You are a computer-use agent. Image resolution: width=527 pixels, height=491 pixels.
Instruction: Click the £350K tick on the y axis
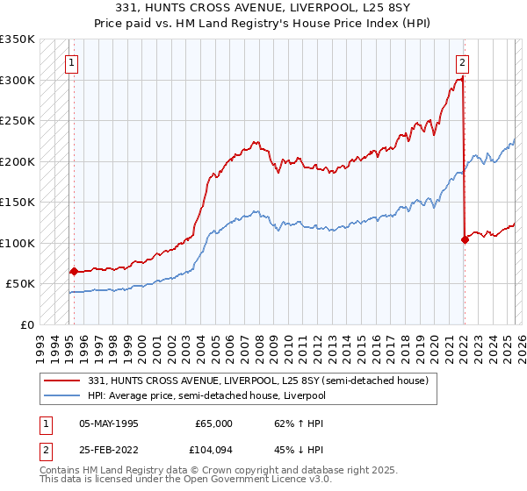point(18,39)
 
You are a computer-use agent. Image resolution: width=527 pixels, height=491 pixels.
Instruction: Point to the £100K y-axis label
point(18,243)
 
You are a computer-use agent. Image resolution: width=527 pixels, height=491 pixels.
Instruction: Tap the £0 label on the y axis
point(26,324)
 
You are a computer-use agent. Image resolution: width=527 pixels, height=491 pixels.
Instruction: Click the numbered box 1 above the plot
point(70,62)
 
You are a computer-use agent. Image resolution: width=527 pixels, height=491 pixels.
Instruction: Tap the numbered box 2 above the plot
point(462,62)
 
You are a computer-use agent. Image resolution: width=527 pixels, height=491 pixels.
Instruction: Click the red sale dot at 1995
point(74,272)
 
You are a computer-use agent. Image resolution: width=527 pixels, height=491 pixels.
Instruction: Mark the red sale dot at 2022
point(465,239)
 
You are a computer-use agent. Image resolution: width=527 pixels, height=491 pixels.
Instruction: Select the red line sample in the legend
point(63,381)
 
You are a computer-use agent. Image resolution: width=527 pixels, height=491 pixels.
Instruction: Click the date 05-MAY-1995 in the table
point(109,423)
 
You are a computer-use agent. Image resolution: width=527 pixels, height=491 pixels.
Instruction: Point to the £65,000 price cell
point(213,423)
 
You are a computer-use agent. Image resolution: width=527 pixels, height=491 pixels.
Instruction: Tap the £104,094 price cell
point(210,452)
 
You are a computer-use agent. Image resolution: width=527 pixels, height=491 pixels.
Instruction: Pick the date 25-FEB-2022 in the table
point(109,452)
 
